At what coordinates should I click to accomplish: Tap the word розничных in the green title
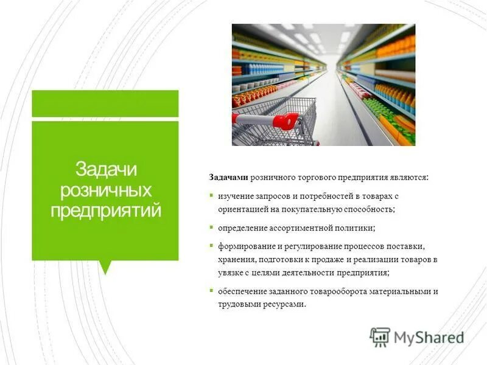(105, 190)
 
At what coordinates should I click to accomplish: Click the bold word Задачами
(228, 176)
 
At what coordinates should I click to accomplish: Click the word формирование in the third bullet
(243, 247)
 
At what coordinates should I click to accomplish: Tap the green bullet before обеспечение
(211, 290)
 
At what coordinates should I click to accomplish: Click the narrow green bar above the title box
(105, 103)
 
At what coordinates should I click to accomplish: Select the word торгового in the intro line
(315, 176)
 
